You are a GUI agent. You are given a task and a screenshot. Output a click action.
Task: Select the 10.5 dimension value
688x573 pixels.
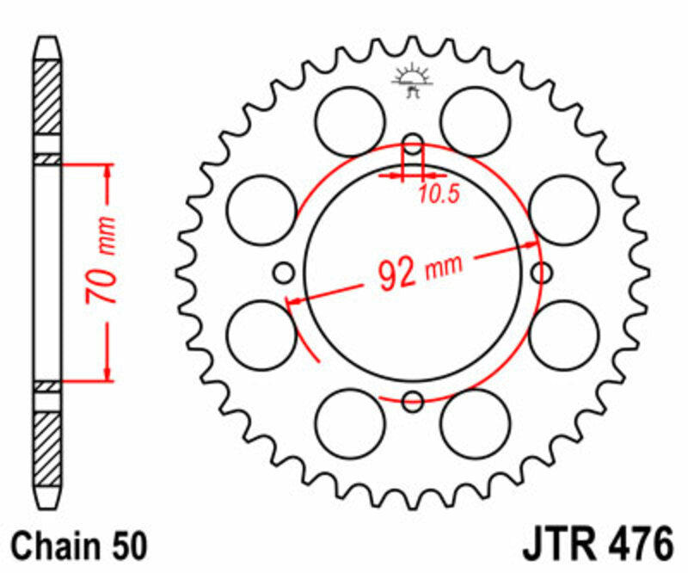point(439,194)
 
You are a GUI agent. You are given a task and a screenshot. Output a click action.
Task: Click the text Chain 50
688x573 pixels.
point(82,546)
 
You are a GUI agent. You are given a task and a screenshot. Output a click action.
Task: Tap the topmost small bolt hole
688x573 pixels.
point(413,143)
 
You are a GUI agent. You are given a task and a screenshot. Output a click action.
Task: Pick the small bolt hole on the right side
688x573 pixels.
point(542,274)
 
